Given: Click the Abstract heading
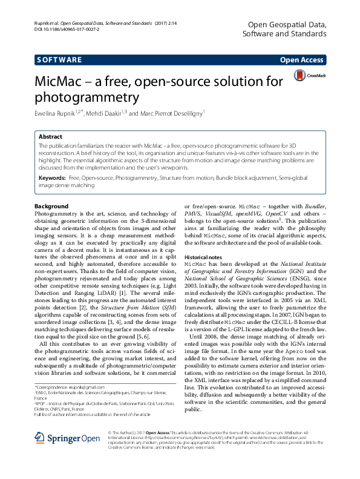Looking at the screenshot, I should (50, 137).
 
